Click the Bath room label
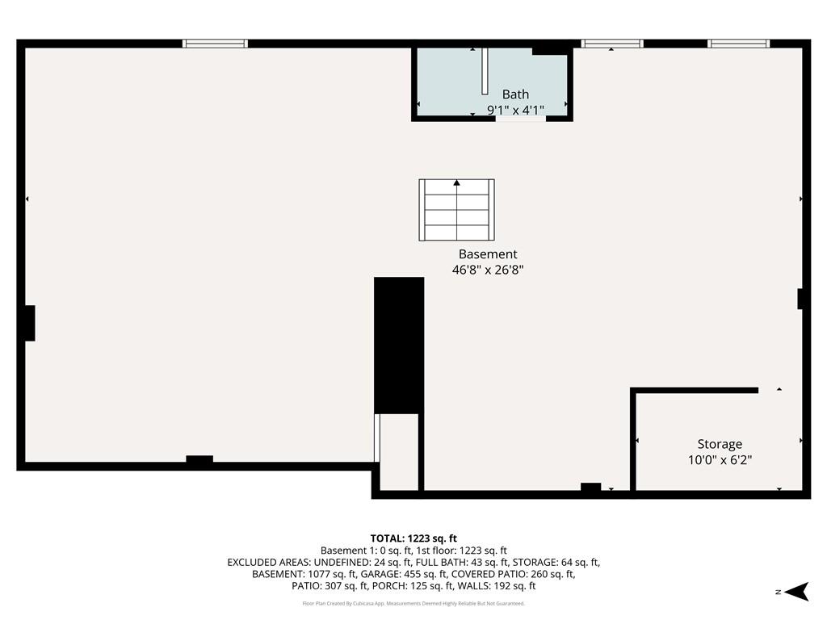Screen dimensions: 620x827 [515, 94]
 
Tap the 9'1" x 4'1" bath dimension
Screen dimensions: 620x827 [515, 110]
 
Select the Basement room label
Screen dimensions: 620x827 [488, 254]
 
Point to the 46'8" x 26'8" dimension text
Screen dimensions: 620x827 [488, 271]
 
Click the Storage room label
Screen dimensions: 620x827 [720, 444]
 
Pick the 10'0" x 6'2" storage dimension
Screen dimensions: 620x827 [720, 460]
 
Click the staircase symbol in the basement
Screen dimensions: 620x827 [456, 210]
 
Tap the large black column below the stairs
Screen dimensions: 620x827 [399, 345]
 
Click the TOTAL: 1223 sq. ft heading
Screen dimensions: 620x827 [413, 538]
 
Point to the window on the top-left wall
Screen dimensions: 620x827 [215, 44]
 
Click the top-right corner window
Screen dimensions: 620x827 [738, 44]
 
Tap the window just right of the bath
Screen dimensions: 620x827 [611, 44]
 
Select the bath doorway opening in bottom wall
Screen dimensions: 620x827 [521, 119]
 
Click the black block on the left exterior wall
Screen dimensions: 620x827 [29, 323]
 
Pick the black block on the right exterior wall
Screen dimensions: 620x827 [801, 299]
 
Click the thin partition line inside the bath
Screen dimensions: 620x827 [485, 72]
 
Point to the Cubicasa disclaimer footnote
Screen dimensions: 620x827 [413, 603]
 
